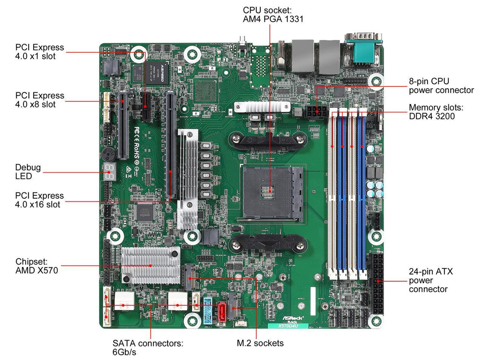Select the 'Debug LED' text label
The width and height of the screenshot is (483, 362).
[28, 172]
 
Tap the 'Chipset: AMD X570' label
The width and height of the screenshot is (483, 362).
[37, 266]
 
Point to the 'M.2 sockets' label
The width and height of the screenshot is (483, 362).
[260, 343]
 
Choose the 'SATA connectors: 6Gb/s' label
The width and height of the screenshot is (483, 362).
[148, 347]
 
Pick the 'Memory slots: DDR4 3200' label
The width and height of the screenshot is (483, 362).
[436, 112]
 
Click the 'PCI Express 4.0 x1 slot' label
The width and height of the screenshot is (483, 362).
[39, 52]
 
